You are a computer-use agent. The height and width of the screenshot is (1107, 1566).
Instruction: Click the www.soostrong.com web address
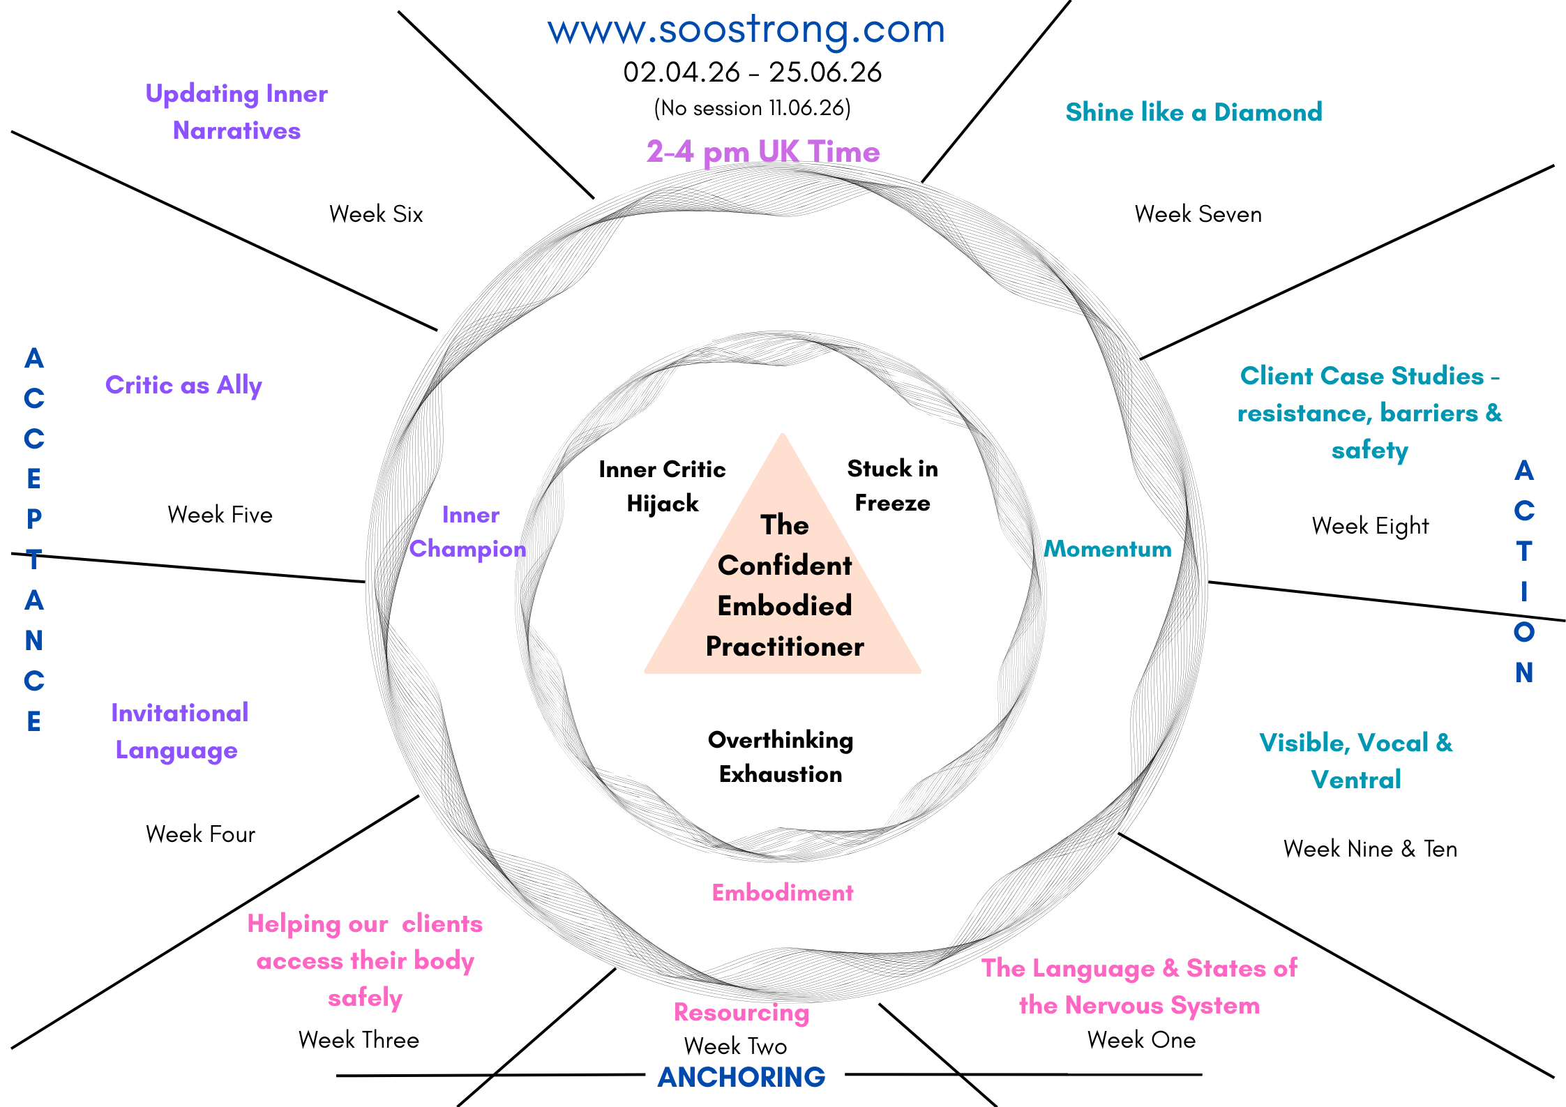click(x=746, y=30)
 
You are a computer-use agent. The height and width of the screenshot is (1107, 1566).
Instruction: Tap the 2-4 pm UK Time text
click(x=762, y=151)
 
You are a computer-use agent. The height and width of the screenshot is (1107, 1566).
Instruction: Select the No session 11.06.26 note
click(x=752, y=108)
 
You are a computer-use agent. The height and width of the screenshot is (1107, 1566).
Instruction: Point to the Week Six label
click(x=376, y=214)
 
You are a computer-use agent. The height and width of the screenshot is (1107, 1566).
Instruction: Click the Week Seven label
click(x=1198, y=214)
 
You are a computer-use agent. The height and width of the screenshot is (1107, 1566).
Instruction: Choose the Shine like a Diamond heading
click(x=1194, y=112)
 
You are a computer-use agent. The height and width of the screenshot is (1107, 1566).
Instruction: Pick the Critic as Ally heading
click(x=183, y=385)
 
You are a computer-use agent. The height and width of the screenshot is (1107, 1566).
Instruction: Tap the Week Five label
click(x=220, y=515)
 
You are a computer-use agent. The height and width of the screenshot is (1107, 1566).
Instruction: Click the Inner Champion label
click(x=468, y=532)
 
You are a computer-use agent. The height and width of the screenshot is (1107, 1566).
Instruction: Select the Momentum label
click(x=1107, y=549)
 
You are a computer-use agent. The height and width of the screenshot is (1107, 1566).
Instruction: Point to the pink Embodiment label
click(x=782, y=893)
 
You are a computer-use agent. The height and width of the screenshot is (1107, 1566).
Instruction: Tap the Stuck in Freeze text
click(x=892, y=485)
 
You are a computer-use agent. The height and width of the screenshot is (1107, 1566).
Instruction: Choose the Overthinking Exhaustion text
click(x=781, y=757)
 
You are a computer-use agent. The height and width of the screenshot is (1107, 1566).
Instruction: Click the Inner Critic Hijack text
click(x=662, y=486)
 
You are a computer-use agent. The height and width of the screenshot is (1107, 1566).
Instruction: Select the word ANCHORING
click(x=741, y=1077)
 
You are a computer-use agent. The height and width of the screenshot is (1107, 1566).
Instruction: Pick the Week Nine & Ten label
click(x=1370, y=849)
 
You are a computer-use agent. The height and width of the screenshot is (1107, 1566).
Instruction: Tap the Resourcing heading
click(x=741, y=1012)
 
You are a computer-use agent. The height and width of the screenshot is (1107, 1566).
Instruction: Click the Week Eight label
click(x=1370, y=526)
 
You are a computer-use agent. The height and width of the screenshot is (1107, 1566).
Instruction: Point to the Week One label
click(x=1141, y=1040)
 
